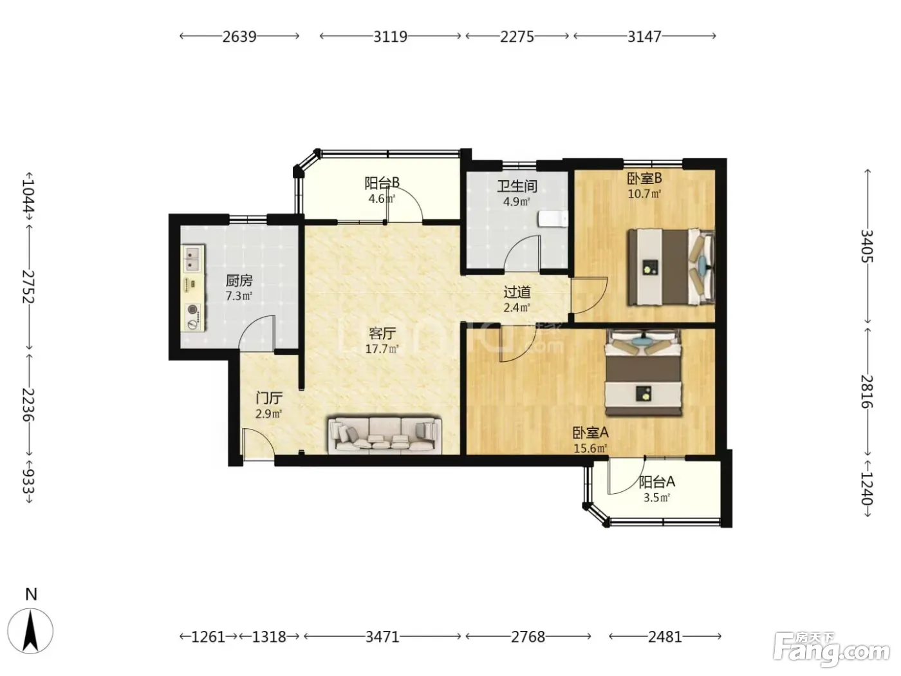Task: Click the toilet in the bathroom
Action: [553, 219]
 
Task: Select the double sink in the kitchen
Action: [192, 258]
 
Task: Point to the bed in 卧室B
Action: [671, 267]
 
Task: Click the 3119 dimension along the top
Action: [390, 37]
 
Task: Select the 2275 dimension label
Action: [517, 37]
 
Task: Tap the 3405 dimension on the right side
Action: [867, 247]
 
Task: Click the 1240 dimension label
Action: [867, 488]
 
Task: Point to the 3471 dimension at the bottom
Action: [382, 637]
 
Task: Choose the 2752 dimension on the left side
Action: [28, 286]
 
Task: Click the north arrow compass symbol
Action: [30, 631]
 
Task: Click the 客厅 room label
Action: [382, 333]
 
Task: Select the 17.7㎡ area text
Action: [382, 350]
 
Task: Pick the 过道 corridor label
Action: [517, 292]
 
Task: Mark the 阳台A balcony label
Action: [657, 482]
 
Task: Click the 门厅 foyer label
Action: [269, 398]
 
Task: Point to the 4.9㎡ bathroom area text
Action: [517, 202]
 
